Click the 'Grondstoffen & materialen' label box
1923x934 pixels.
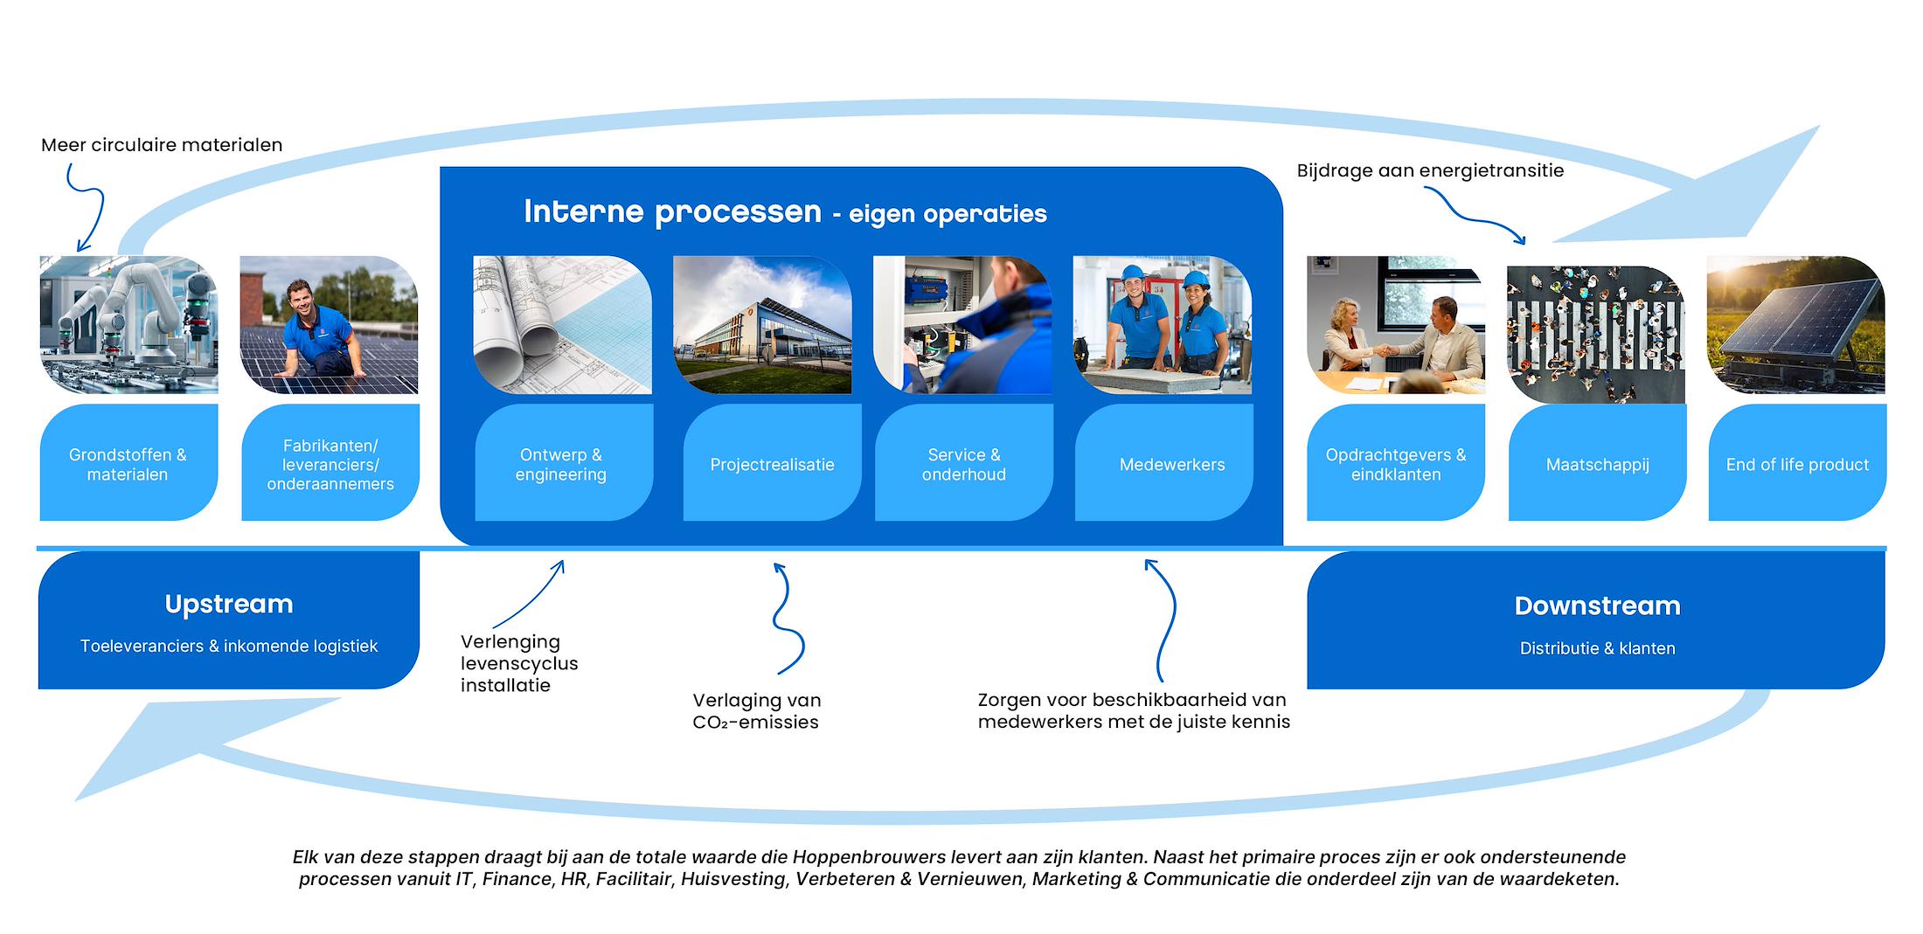pyautogui.click(x=128, y=464)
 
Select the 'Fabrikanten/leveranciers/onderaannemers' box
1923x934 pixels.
pyautogui.click(x=330, y=464)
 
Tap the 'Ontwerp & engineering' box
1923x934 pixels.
pyautogui.click(x=561, y=464)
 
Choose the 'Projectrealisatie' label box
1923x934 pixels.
pyautogui.click(x=772, y=464)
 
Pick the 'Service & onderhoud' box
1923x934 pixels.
pyautogui.click(x=963, y=464)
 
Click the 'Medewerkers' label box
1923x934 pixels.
pyautogui.click(x=1171, y=464)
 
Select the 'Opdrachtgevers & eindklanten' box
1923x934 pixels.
pyautogui.click(x=1395, y=464)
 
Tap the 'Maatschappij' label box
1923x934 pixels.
pyautogui.click(x=1597, y=464)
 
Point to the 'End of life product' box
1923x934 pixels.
pyautogui.click(x=1797, y=464)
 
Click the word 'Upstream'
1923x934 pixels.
pyautogui.click(x=229, y=604)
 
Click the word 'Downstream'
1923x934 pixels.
pyautogui.click(x=1597, y=605)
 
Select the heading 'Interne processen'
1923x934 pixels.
pyautogui.click(x=672, y=211)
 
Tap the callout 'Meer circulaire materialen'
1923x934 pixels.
pyautogui.click(x=162, y=145)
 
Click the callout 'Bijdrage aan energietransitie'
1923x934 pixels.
pyautogui.click(x=1430, y=170)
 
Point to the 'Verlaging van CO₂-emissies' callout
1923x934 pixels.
pyautogui.click(x=756, y=710)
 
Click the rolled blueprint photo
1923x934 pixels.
pyautogui.click(x=562, y=325)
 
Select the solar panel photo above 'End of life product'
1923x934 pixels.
pyautogui.click(x=1795, y=325)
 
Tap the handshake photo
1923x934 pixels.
pyautogui.click(x=1395, y=325)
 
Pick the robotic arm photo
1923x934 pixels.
pyautogui.click(x=128, y=325)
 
